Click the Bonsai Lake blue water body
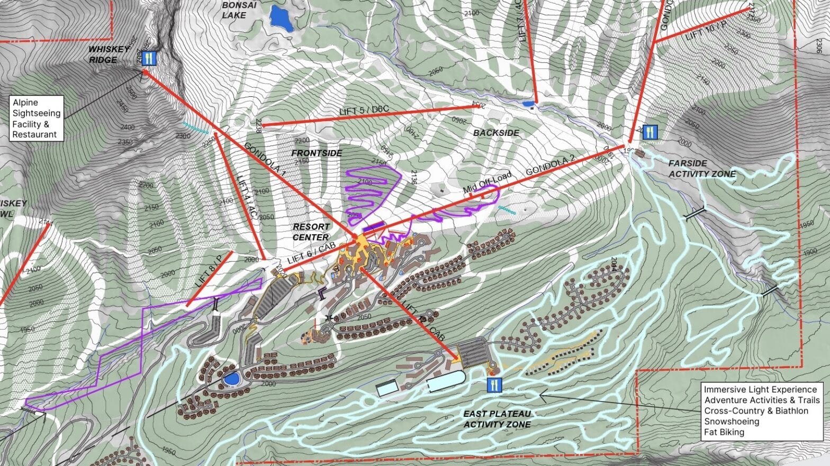pos(281,19)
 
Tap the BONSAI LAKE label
pos(234,10)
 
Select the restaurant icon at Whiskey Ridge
pos(149,58)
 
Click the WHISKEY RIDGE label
pos(109,54)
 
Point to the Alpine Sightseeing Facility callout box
pos(36,118)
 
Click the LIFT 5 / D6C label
pos(364,111)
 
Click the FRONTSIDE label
pos(317,153)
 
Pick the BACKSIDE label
pos(496,133)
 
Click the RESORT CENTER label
pos(311,232)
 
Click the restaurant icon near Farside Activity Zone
pos(650,133)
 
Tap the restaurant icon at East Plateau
pos(494,385)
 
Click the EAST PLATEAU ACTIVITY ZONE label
pos(497,419)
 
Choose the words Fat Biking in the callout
pos(724,432)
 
